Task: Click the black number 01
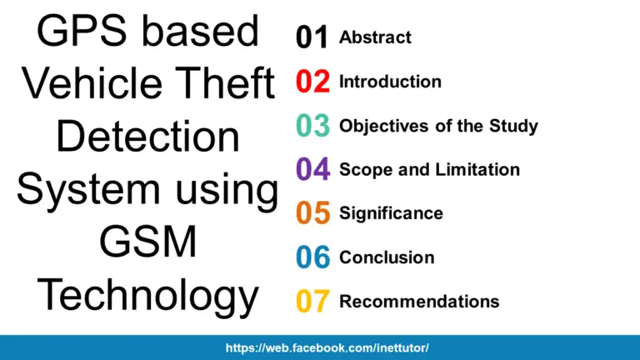[x=312, y=38]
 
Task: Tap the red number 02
[x=312, y=82]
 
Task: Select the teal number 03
[x=312, y=127]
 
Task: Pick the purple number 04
[x=312, y=170]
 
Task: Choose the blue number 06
[x=312, y=257]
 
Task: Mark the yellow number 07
[x=312, y=302]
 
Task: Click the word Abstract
[x=375, y=37]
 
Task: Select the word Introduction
[x=390, y=82]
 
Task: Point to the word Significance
[x=391, y=213]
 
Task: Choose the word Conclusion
[x=387, y=257]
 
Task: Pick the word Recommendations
[x=419, y=301]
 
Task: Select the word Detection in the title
[x=147, y=137]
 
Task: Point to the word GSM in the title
[x=147, y=242]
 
